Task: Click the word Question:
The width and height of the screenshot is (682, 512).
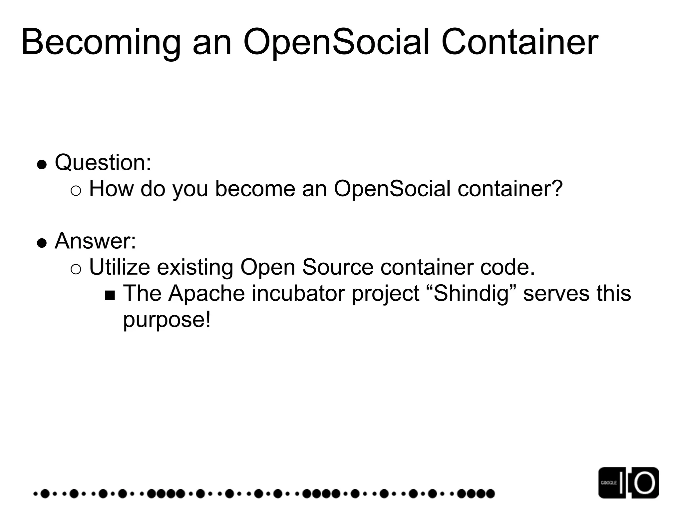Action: [103, 163]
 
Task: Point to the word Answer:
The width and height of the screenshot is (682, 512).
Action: [96, 241]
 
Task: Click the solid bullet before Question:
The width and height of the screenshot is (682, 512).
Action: [42, 164]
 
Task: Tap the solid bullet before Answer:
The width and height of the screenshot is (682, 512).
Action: [42, 243]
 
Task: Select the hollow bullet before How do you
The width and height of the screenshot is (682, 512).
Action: [76, 191]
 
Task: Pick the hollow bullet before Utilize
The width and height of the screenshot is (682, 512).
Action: [76, 269]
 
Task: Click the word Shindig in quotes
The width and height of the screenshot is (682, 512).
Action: [472, 294]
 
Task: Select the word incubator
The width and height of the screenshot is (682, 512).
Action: [298, 294]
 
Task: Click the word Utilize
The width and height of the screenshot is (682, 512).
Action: [120, 267]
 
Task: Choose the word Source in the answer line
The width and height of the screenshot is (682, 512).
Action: [338, 267]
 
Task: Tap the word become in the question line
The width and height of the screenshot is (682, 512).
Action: [255, 189]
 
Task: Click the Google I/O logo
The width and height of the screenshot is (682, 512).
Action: [628, 483]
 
